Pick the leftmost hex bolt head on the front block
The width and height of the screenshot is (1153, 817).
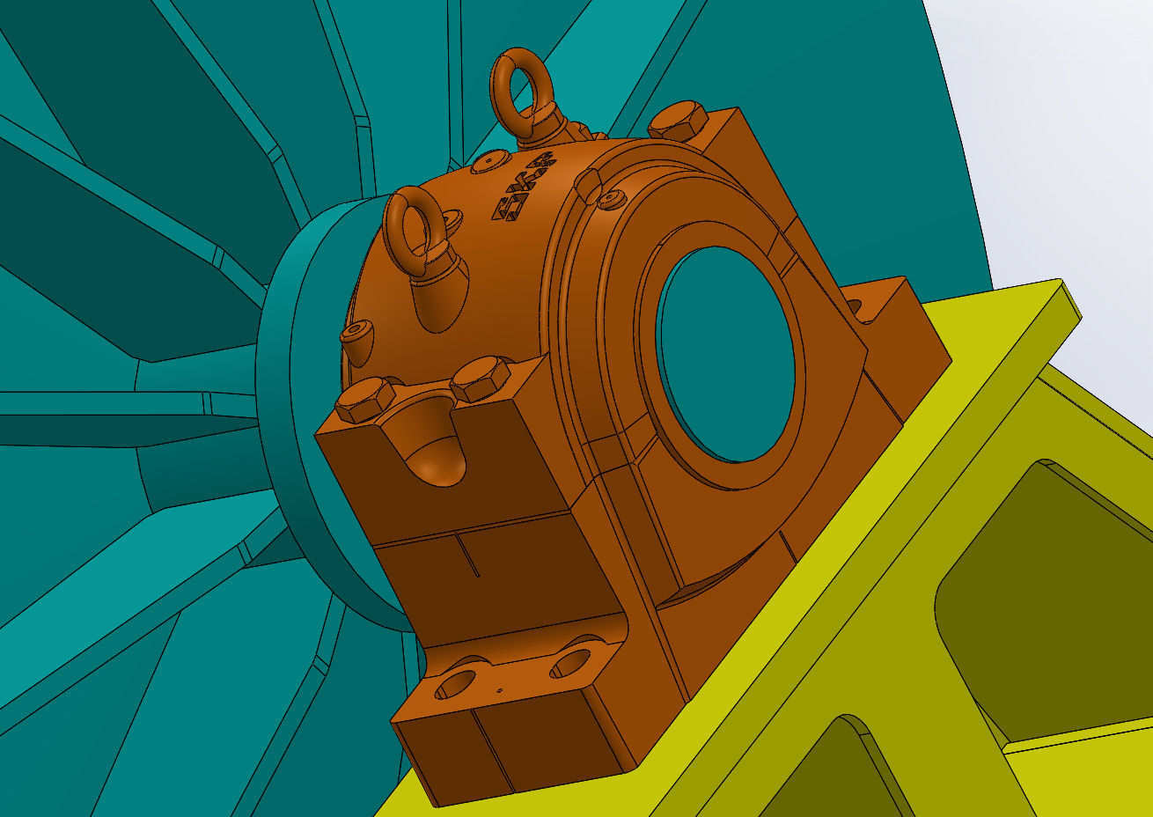(x=364, y=401)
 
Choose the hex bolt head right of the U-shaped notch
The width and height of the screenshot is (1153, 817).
(x=480, y=379)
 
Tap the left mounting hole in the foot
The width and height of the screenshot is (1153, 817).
(x=455, y=684)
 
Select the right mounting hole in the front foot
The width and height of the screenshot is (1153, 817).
(x=571, y=662)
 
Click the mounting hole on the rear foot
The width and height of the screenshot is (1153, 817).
(x=853, y=306)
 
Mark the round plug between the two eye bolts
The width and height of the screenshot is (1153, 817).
(x=489, y=162)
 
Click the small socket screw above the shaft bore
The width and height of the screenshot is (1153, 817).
(x=612, y=201)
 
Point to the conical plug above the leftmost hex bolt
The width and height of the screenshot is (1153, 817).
(x=356, y=342)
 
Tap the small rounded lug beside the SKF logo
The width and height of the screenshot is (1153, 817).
(x=587, y=184)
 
